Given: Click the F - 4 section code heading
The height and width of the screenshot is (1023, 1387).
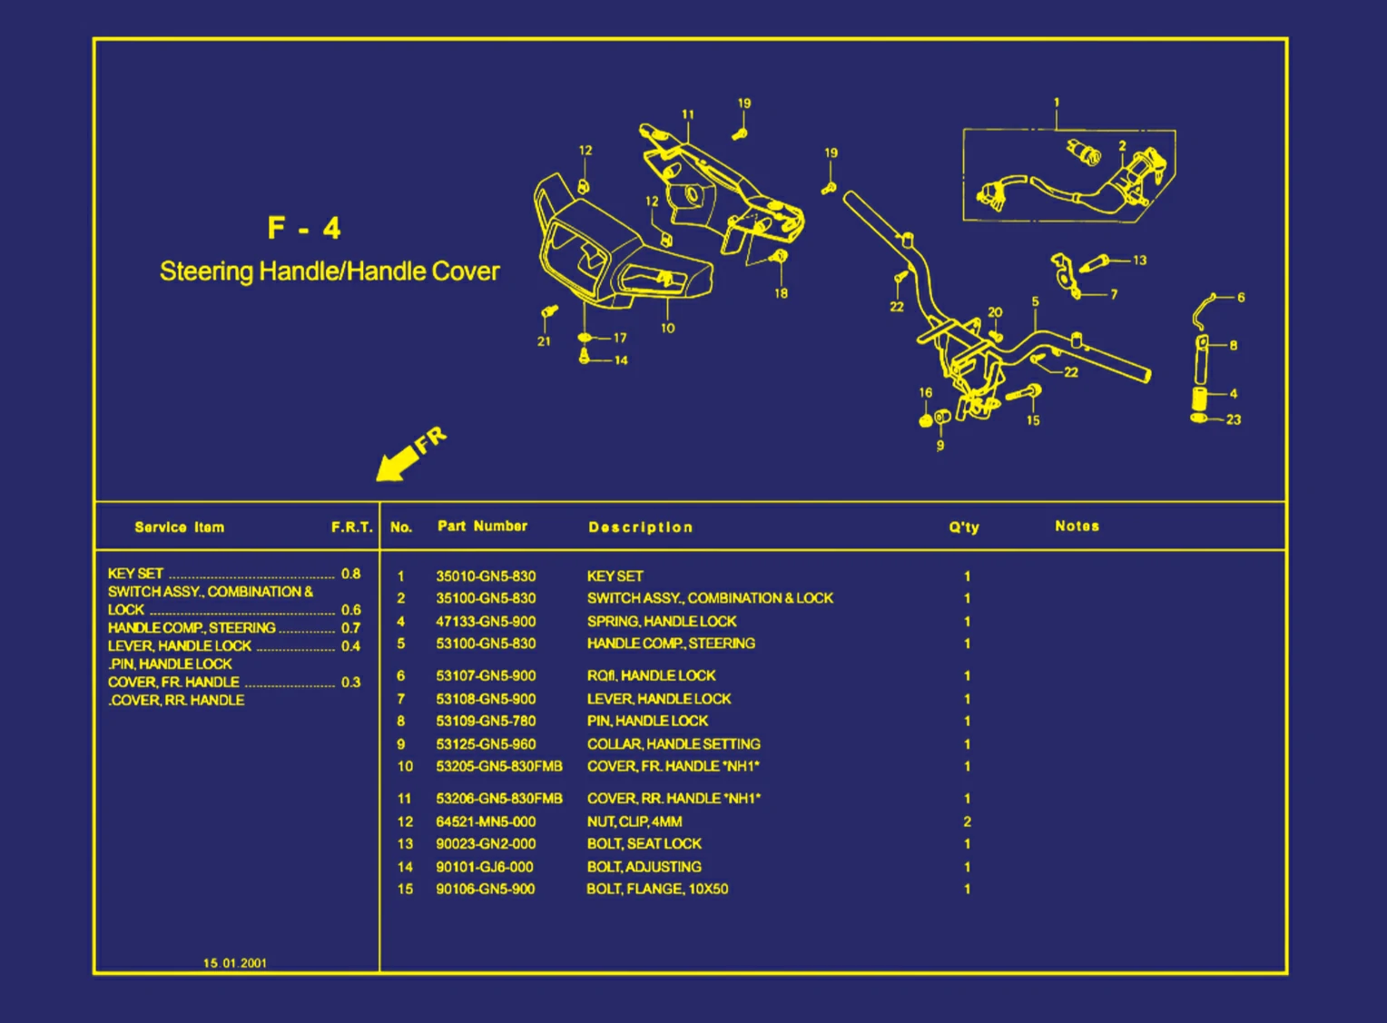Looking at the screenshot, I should (304, 227).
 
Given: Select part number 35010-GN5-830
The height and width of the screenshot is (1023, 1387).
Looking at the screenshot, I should (486, 576).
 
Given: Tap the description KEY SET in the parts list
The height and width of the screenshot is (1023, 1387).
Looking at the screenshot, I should (615, 576).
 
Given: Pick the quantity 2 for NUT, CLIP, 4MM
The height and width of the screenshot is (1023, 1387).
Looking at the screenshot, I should (967, 821).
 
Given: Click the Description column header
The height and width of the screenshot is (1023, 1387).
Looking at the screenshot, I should (640, 527).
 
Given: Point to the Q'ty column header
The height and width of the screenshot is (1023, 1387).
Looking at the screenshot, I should (964, 527).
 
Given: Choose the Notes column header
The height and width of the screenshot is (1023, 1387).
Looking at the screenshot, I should (1077, 526).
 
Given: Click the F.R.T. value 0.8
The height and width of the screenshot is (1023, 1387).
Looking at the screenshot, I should (350, 574).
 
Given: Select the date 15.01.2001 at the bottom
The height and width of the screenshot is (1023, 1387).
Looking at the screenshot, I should (235, 963).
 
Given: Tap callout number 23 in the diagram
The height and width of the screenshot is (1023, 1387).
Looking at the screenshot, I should (1233, 419).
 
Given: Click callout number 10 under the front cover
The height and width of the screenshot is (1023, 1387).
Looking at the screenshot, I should (668, 329).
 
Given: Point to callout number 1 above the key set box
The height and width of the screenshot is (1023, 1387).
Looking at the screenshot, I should (1056, 103).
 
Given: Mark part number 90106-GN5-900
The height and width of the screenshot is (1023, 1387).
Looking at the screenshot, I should (486, 889).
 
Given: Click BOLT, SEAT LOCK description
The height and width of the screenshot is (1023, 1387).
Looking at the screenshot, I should (644, 843).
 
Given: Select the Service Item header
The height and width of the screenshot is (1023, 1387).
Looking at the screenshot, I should (179, 527).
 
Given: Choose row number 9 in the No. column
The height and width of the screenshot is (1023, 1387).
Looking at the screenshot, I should (400, 743).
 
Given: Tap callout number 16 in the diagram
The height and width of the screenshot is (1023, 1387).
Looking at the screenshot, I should (925, 393).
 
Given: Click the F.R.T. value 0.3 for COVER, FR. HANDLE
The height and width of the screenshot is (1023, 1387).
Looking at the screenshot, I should (350, 682).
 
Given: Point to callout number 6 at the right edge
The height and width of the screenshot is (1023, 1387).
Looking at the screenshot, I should (1241, 297).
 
